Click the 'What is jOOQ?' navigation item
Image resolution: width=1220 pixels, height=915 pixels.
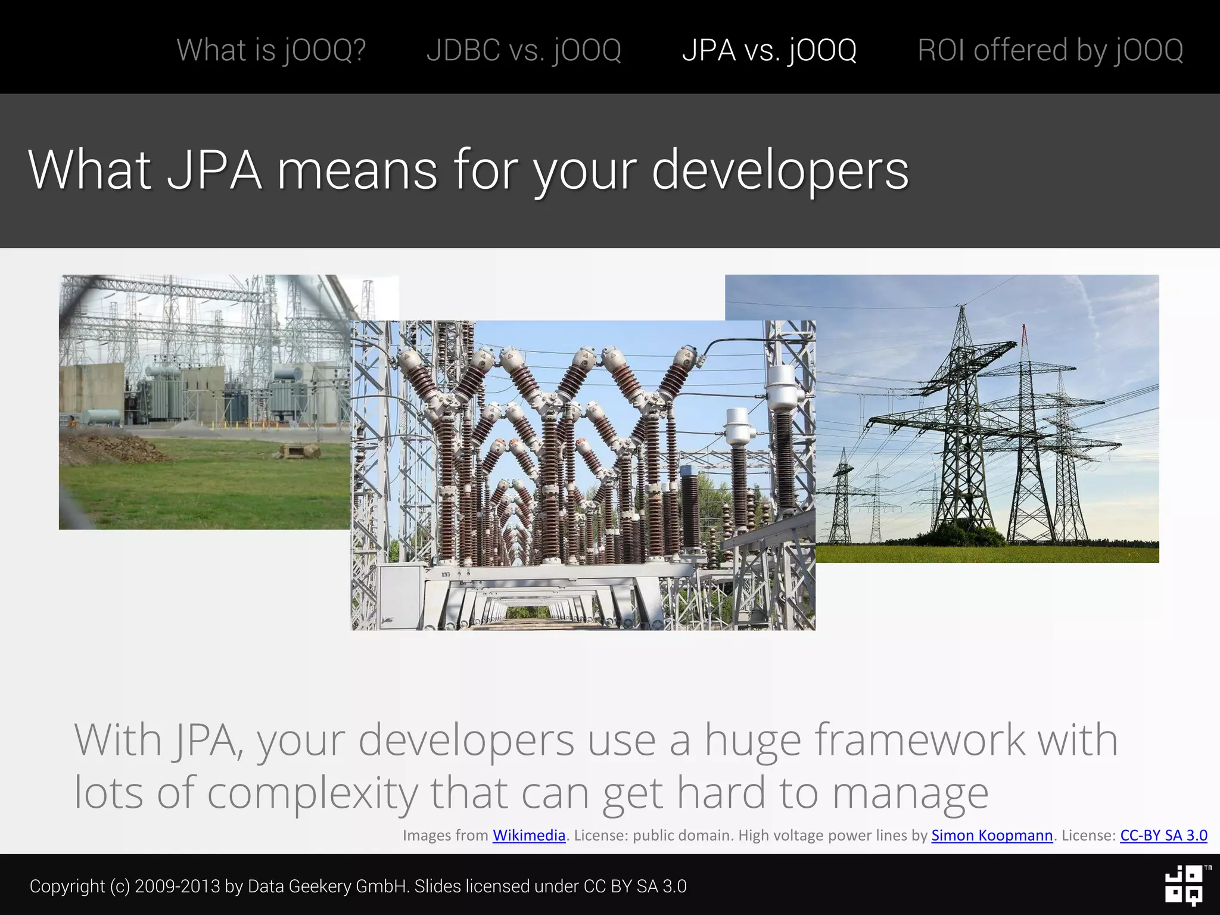click(271, 50)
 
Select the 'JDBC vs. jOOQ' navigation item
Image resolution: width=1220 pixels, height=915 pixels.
click(524, 50)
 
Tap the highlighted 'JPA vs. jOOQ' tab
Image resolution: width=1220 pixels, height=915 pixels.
click(769, 50)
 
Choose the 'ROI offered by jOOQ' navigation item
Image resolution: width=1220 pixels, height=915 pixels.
click(1050, 50)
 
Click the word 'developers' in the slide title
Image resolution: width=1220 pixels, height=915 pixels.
click(780, 171)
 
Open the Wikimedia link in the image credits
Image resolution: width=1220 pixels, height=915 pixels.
click(528, 835)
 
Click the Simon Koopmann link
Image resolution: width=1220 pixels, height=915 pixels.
click(992, 835)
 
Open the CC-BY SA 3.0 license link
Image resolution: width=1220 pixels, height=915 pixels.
click(1163, 835)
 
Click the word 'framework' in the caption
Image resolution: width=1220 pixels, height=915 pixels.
click(919, 740)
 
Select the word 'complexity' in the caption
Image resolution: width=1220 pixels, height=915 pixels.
click(312, 793)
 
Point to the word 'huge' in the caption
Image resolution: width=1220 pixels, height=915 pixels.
click(752, 741)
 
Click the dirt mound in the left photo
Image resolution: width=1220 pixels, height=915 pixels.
click(113, 448)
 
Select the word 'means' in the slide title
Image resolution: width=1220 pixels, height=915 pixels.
click(357, 171)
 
